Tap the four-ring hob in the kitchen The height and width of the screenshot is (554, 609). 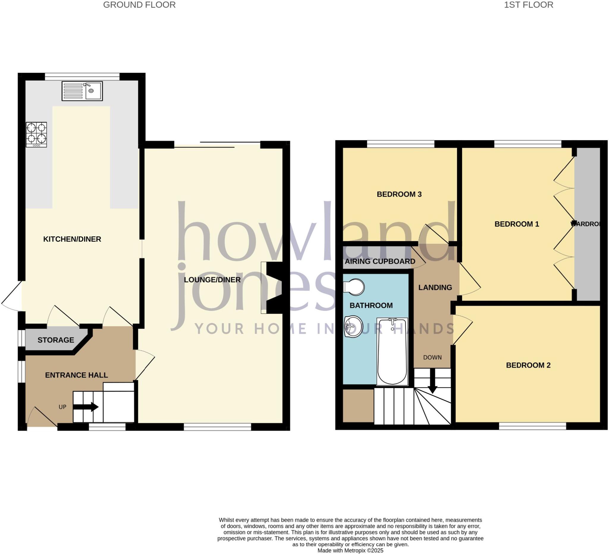point(36,134)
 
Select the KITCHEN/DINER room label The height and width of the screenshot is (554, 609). point(72,239)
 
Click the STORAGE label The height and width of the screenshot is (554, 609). point(56,340)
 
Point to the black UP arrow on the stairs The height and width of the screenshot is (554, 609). point(86,407)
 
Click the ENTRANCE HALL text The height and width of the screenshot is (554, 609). point(76,375)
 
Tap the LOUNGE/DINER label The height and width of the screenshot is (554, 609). point(212,280)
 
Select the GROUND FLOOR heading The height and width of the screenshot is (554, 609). point(139,5)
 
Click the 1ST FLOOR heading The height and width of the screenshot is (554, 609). point(528,5)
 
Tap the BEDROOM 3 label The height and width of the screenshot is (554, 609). point(399,194)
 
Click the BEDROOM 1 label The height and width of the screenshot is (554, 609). point(517,224)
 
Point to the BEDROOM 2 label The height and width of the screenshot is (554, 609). point(528,365)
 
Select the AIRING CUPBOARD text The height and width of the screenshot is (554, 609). point(380,262)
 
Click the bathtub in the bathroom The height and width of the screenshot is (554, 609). point(392,351)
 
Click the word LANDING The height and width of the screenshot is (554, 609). point(435,288)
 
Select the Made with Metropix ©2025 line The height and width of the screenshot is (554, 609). point(350,550)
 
